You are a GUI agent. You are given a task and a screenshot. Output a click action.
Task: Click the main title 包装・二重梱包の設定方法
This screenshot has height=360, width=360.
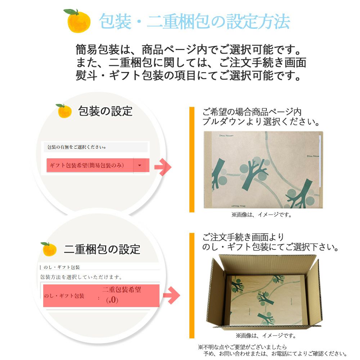coord(194,22)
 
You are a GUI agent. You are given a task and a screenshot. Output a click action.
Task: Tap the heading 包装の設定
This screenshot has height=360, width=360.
coord(105,111)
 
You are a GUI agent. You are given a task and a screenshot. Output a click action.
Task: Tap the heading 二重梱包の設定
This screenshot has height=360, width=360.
coord(102,249)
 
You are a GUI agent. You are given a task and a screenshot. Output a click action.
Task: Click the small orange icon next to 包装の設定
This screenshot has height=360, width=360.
coord(64,111)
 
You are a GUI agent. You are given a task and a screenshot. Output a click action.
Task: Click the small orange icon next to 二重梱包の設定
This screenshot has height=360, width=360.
coord(49,249)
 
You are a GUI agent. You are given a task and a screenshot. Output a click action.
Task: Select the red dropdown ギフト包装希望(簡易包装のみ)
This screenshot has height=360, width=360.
coord(90,166)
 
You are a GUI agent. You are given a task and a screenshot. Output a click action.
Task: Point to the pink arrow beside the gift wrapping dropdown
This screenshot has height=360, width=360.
coord(163,167)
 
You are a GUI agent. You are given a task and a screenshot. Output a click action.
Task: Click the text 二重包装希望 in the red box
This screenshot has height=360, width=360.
coord(121,290)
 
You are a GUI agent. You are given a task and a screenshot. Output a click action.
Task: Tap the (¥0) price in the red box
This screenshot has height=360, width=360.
coord(112,300)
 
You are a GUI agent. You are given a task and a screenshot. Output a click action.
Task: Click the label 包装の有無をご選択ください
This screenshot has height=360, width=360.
coord(77,147)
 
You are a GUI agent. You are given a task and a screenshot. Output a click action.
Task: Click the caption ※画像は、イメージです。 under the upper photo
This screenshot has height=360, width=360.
coord(261,215)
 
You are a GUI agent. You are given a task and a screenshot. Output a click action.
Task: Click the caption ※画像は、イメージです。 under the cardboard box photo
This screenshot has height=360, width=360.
coord(266,336)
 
